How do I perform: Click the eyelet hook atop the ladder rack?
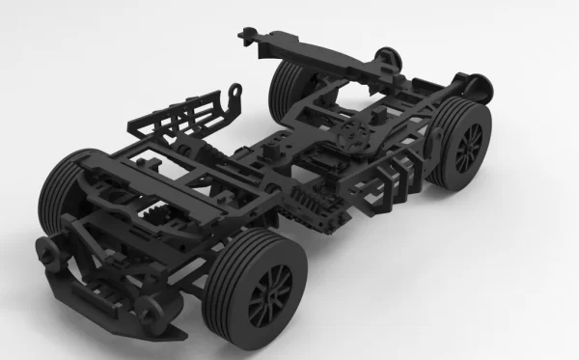234,95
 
